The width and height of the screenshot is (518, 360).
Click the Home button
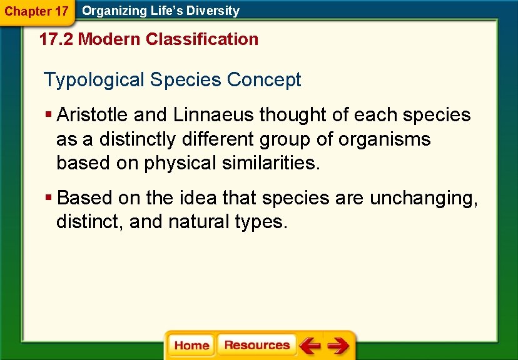coord(191,346)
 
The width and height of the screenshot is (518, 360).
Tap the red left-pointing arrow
coord(310,346)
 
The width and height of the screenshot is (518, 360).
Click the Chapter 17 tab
coord(36,11)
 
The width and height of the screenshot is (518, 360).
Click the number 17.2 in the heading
coord(56,39)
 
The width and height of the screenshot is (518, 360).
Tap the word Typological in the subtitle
coord(94,80)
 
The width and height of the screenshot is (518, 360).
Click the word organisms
coord(384,139)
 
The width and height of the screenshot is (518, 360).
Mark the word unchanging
coord(423,198)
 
